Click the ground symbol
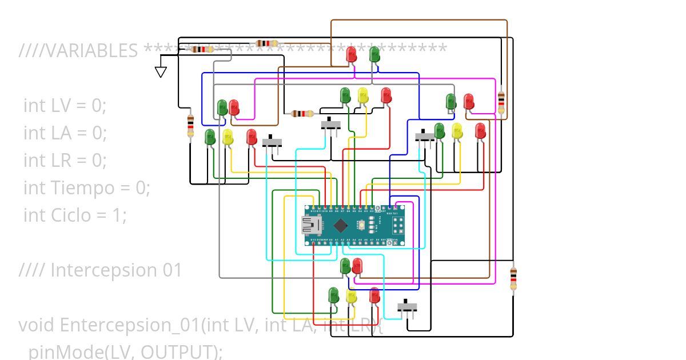(161, 72)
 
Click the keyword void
(37, 325)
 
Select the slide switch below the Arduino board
(407, 307)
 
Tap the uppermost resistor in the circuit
(267, 43)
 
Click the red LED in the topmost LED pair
(352, 55)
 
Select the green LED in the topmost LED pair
(374, 55)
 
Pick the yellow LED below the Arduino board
(351, 296)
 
